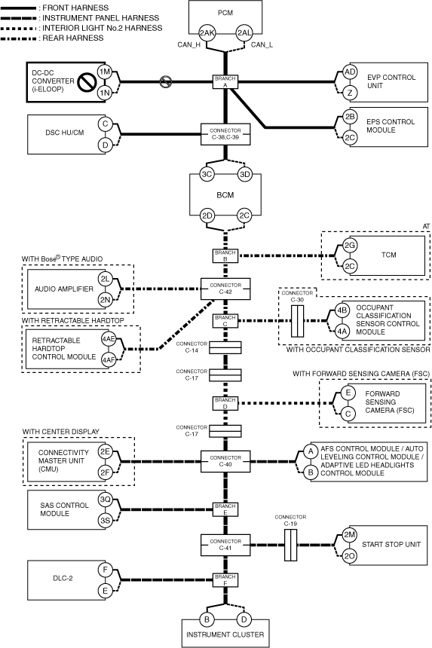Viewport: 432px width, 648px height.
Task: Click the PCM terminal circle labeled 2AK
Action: pos(207,33)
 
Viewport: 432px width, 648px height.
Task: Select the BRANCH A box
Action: pos(225,82)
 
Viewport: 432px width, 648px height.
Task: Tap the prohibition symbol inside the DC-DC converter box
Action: pos(87,82)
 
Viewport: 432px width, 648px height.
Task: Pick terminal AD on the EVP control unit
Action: pos(350,72)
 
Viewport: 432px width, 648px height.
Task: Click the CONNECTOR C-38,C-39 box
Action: pos(225,134)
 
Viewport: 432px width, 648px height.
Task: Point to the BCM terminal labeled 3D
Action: pos(245,174)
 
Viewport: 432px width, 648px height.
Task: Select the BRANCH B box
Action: pos(225,256)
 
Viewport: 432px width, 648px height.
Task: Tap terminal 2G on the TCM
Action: pos(350,245)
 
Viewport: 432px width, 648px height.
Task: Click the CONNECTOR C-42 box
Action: pos(225,289)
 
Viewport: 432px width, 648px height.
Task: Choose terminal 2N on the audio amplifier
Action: pos(105,300)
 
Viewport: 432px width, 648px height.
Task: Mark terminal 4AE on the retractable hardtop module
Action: pos(109,339)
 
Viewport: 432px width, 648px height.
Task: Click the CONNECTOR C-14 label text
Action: pos(191,347)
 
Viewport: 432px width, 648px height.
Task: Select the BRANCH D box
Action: pos(225,403)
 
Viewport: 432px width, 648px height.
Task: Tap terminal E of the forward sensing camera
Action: pos(348,392)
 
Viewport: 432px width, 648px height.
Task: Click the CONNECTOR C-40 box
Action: pos(225,461)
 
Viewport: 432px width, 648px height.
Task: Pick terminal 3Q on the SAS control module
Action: pos(105,500)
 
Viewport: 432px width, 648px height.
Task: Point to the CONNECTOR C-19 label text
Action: pos(290,521)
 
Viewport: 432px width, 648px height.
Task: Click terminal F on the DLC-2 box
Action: pos(105,570)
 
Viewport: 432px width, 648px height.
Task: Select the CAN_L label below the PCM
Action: pos(262,44)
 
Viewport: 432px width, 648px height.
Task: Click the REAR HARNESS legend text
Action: pos(73,38)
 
